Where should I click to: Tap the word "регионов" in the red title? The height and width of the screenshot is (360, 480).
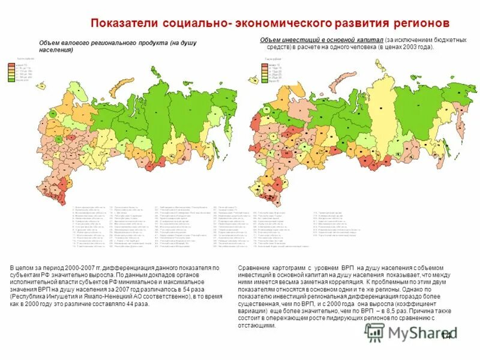415,23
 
